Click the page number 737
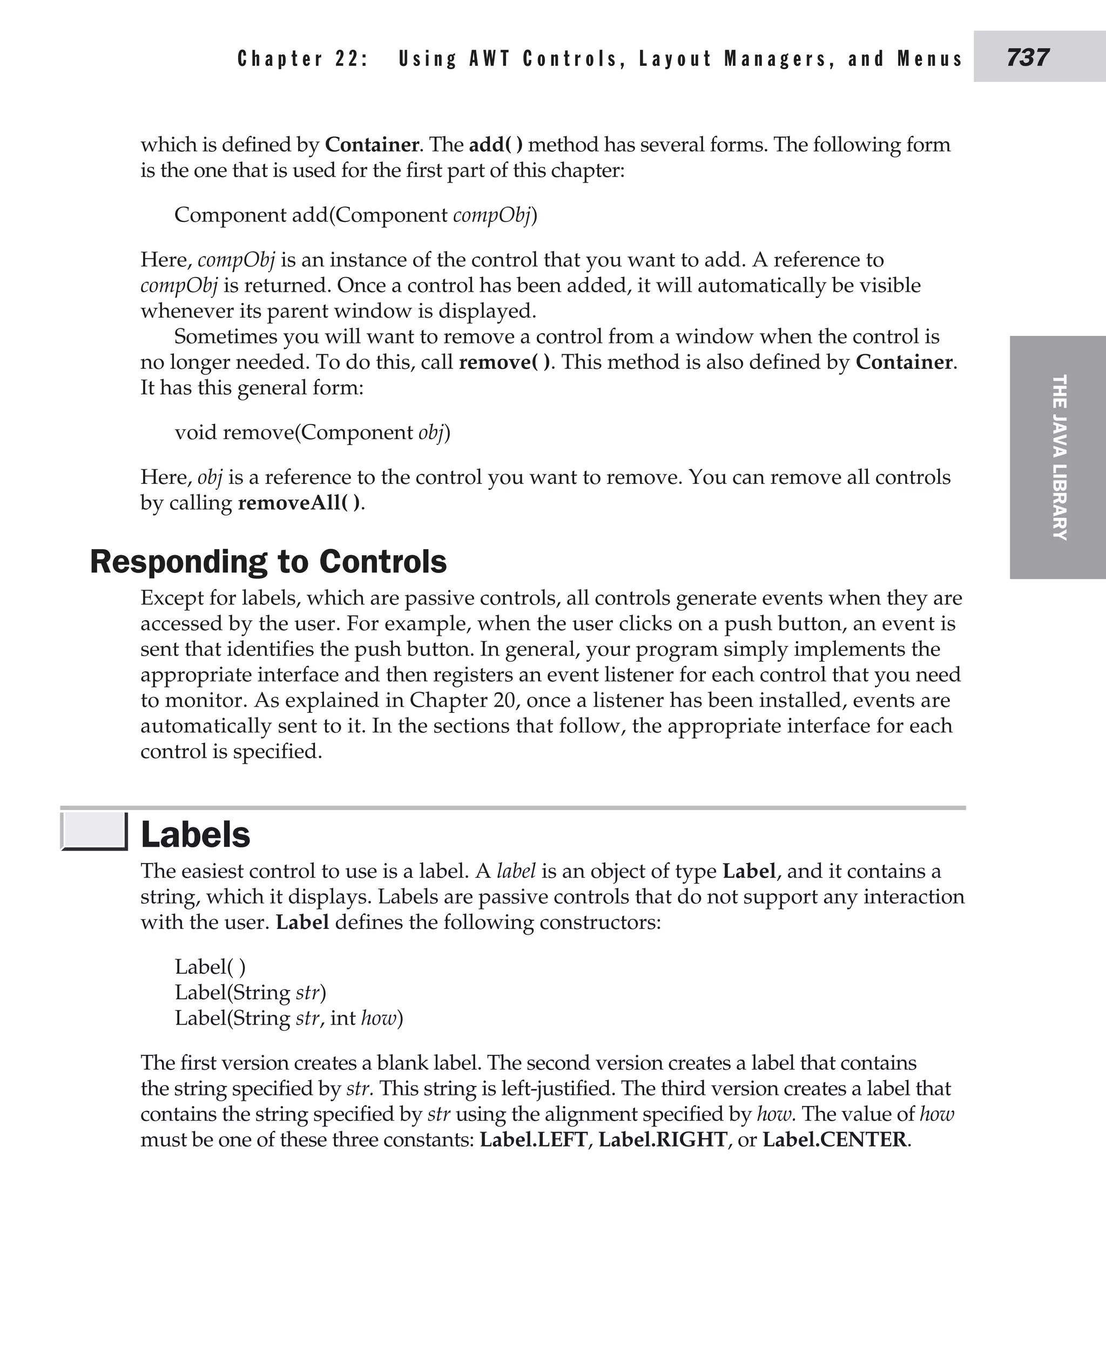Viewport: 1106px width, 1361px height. (x=1028, y=58)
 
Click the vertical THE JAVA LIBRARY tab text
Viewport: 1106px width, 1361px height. (x=1058, y=457)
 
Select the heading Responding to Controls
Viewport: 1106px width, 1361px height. (x=268, y=561)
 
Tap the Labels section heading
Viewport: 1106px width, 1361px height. (x=195, y=835)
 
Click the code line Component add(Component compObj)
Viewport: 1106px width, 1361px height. (x=355, y=215)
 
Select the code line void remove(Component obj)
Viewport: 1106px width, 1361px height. (x=312, y=433)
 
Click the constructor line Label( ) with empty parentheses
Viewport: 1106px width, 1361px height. (x=210, y=967)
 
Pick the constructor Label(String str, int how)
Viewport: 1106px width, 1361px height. (x=288, y=1018)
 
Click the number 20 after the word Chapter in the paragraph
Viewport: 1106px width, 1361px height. (x=500, y=700)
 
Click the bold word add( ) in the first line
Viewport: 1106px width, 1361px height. (x=496, y=145)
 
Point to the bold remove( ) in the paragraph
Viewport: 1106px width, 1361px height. (x=504, y=362)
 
